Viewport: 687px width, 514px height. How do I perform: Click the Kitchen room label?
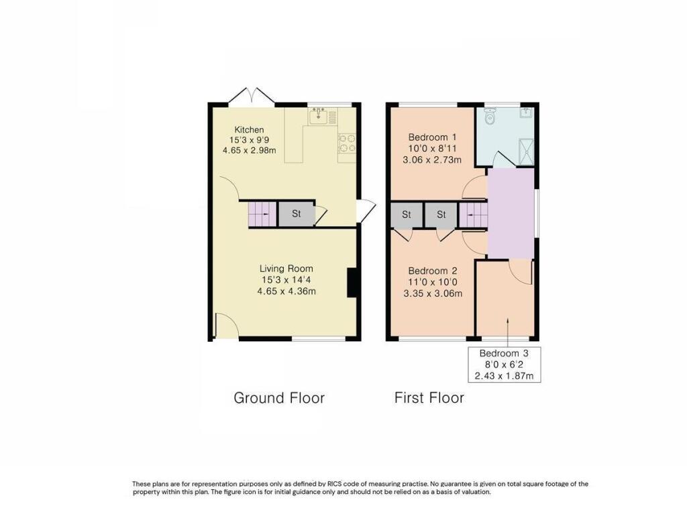249,129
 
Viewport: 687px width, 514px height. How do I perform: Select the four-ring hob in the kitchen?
347,143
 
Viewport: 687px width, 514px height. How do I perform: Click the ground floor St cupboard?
295,214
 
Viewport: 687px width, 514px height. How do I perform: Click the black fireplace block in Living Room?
351,282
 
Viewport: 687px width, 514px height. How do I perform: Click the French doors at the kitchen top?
251,97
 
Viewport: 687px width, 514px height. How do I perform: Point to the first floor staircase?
473,215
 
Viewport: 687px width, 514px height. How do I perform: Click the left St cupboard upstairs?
407,215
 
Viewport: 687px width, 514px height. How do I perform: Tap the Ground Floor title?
279,398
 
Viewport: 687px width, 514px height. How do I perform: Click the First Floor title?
429,398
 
